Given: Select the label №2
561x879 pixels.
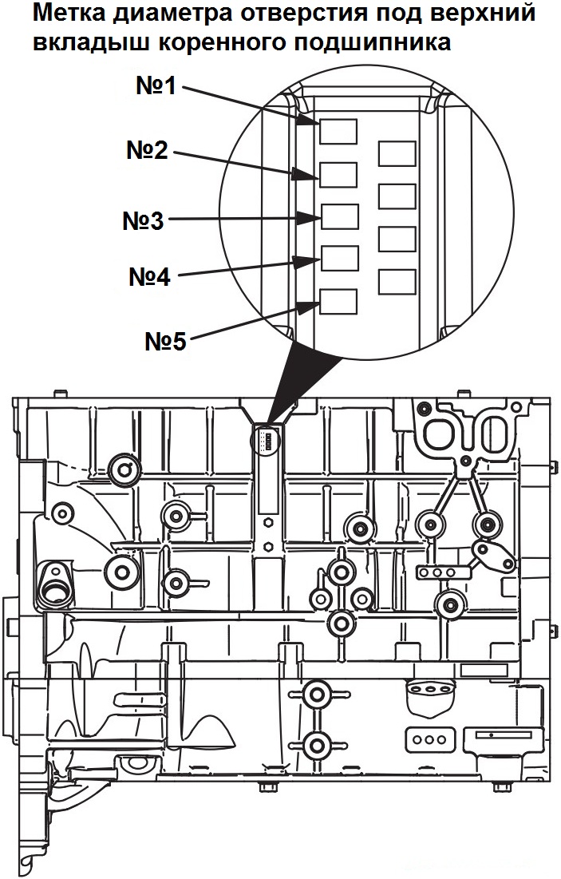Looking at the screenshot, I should point(147,150).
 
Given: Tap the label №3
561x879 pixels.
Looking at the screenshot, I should point(143,220).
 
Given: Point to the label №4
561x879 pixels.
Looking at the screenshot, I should point(149,277).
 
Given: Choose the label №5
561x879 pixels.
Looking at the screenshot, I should point(164,342).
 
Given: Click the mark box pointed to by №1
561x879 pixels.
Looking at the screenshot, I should point(338,130).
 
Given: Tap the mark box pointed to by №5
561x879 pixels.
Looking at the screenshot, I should point(338,302).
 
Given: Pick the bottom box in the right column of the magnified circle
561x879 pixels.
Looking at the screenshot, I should point(397,281).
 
